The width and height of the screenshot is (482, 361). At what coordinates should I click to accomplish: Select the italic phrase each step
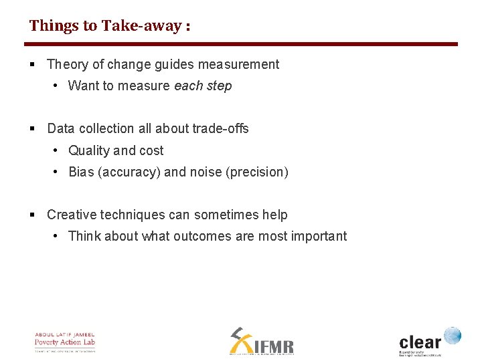point(203,86)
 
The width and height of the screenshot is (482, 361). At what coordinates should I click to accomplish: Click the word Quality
point(89,151)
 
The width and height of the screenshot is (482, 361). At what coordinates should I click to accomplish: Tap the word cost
point(151,151)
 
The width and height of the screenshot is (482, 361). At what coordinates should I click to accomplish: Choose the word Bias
point(81,172)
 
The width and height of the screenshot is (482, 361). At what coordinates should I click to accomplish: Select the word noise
point(206,172)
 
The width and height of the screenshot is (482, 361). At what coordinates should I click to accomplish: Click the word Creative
point(71,215)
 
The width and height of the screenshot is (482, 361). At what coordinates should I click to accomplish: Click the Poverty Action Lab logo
point(65,342)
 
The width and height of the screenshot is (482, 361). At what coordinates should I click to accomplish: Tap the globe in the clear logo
point(453,336)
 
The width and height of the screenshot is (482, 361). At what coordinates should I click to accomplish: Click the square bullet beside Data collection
point(33,129)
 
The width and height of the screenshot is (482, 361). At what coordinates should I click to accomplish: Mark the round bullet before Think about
point(56,237)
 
